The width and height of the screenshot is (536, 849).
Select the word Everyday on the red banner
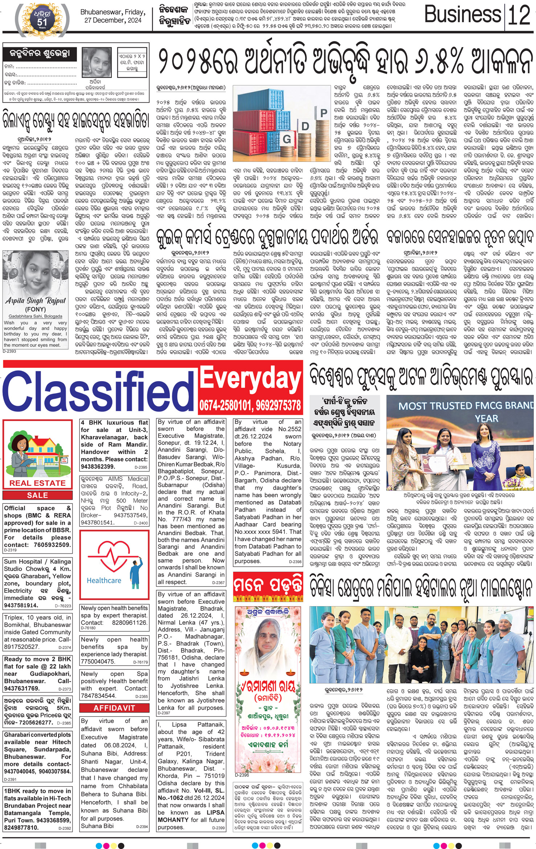(x=250, y=378)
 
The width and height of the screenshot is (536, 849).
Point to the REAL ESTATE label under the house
(x=37, y=483)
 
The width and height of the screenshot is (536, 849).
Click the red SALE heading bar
(x=37, y=495)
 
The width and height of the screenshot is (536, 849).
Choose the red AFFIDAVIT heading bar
(x=114, y=708)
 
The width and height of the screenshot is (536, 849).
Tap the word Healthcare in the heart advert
(x=104, y=580)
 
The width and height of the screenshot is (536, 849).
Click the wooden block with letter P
(x=324, y=113)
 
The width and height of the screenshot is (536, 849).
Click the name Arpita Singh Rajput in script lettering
(x=36, y=301)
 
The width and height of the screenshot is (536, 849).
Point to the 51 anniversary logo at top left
(x=42, y=20)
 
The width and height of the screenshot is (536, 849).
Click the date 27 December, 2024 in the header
(x=113, y=20)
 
